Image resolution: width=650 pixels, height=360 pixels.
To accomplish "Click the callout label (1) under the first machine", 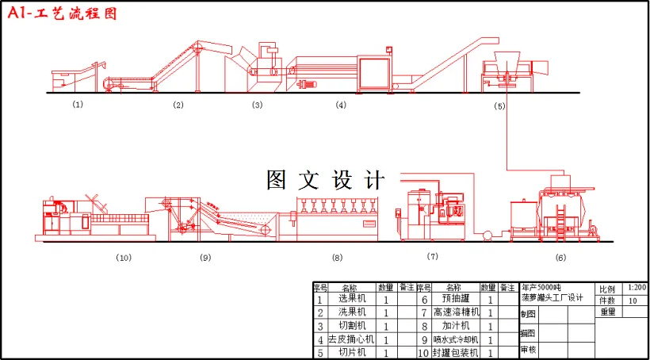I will point(78,104).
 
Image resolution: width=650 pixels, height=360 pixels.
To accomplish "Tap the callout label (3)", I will point(257,105).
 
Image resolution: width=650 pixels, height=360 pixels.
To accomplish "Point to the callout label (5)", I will point(499,105).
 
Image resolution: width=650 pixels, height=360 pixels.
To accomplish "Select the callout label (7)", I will point(432,256).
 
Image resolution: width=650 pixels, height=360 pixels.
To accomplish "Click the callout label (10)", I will point(123,257).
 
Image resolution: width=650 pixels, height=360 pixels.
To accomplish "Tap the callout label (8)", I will point(337,257).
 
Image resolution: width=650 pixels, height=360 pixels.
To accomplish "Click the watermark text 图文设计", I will point(325,181).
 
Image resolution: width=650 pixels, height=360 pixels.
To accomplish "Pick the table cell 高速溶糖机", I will point(456,312).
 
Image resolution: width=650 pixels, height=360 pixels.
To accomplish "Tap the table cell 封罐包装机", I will point(456,352).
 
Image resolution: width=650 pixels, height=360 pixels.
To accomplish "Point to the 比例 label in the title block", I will point(607,289).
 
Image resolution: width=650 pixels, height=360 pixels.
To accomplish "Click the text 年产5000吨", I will point(541,288).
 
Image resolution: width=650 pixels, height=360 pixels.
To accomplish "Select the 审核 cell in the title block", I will point(528,350).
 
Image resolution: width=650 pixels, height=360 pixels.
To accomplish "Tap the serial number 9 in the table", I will point(423,339).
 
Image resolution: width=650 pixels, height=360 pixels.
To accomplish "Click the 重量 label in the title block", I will point(608,312).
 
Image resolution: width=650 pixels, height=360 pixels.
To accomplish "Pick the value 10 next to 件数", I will point(633,301).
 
